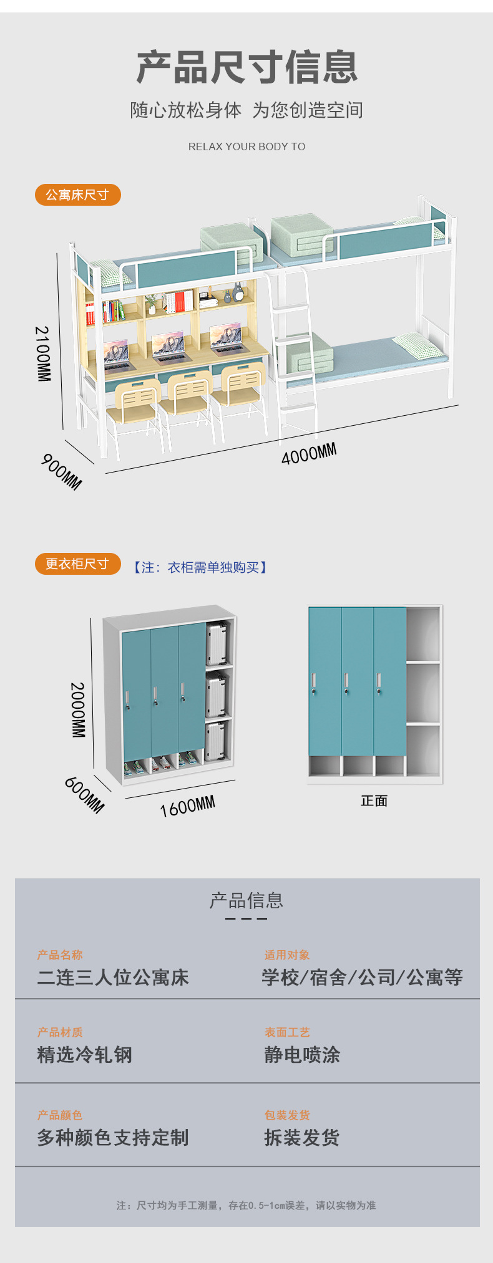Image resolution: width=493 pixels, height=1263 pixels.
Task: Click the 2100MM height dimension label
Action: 42,353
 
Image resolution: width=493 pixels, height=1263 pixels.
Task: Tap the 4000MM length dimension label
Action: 309,454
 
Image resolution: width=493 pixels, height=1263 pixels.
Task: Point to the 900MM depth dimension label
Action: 62,472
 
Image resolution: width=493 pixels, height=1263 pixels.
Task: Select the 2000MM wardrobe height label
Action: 77,710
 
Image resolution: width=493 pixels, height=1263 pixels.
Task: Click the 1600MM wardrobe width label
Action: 187,806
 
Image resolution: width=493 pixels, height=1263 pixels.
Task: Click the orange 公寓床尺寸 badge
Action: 77,194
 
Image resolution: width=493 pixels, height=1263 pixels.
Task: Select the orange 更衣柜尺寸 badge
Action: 77,564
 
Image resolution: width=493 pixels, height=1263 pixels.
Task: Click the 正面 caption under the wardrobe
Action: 374,801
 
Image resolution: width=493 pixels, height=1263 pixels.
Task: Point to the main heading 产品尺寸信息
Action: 246,67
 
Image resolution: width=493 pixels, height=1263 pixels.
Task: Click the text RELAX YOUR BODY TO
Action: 246,146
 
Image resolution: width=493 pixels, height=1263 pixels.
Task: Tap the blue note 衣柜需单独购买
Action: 200,567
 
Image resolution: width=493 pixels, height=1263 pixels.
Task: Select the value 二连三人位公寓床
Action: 113,977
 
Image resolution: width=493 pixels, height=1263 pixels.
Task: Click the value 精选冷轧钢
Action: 85,1055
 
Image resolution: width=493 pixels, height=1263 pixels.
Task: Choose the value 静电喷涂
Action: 302,1055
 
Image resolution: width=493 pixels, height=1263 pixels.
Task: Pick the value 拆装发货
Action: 302,1138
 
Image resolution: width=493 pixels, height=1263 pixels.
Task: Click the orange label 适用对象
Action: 286,955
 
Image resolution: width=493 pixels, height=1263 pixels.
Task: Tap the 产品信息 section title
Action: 246,901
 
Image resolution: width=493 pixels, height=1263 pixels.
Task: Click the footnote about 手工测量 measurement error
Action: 246,1206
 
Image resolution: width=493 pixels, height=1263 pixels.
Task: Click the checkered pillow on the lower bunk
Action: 418,345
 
